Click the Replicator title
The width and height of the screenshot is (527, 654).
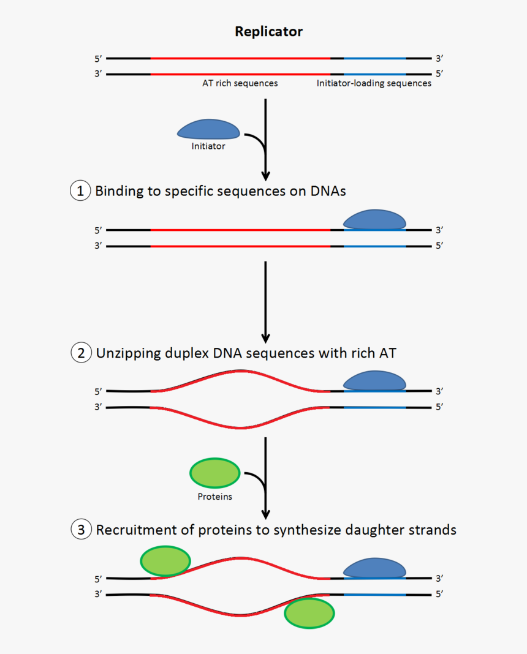pos(268,31)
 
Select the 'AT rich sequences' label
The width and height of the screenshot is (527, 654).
pos(240,83)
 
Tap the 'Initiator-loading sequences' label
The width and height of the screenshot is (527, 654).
pos(374,83)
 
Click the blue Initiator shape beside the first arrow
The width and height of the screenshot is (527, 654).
pos(208,129)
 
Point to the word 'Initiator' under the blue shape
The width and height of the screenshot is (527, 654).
pos(208,146)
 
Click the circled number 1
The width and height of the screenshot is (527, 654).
pos(80,190)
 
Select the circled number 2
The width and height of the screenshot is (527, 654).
pos(80,353)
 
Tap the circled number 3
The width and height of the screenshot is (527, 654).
pos(80,529)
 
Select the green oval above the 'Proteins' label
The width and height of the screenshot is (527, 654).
pos(214,473)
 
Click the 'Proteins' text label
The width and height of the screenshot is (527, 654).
pos(214,497)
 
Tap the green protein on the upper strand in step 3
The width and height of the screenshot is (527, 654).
pos(165,561)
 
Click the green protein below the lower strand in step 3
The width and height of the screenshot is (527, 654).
pos(309,613)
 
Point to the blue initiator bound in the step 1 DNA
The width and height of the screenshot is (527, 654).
pos(374,220)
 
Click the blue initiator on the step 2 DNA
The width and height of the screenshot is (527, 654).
pos(374,380)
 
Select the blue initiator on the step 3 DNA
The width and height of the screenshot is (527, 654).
pos(374,568)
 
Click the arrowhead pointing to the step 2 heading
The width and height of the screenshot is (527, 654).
pos(265,337)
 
